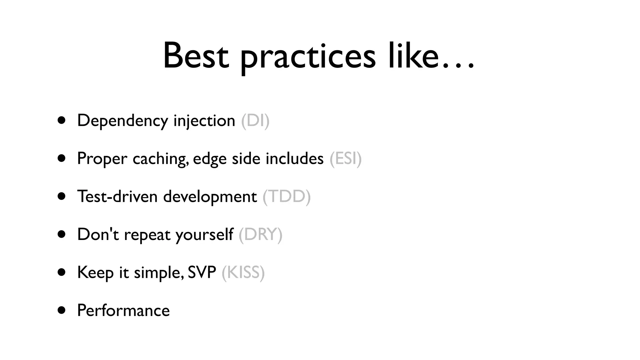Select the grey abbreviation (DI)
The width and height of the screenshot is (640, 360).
coord(255,121)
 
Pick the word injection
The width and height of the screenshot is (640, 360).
coord(204,121)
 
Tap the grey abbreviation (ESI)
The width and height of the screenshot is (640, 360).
coord(345,158)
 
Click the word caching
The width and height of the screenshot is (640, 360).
coord(160,159)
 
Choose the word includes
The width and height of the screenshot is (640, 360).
coord(294,158)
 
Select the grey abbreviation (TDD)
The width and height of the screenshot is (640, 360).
coord(287,197)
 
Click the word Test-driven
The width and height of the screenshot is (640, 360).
coord(117,197)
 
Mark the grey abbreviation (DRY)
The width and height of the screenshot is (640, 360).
coord(260,234)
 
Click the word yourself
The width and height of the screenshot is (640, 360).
coord(204,234)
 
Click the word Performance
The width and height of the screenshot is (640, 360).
coord(123,311)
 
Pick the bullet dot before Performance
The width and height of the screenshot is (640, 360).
coord(62,310)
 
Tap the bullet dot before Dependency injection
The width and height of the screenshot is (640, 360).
coord(62,120)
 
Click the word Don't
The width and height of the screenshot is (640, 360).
coord(98,234)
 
